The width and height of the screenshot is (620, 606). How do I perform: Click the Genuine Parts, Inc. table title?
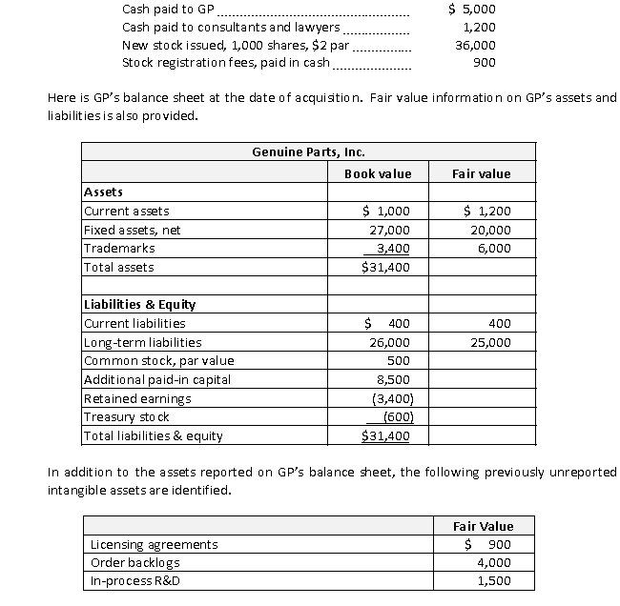(308, 151)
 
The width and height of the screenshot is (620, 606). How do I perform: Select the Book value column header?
(378, 173)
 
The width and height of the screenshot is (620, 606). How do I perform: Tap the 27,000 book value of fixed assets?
(389, 230)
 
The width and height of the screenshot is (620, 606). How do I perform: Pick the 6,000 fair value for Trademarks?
(493, 249)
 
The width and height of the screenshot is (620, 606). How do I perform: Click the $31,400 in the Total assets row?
(386, 267)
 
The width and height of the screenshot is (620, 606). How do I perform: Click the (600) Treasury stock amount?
(396, 417)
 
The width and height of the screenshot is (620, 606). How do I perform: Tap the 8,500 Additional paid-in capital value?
(395, 379)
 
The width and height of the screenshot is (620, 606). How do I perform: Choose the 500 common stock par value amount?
(399, 361)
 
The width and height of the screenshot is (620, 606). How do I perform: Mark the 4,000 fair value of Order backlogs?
(494, 562)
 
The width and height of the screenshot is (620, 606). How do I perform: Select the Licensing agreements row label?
(153, 544)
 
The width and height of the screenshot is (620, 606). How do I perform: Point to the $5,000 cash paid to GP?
(471, 10)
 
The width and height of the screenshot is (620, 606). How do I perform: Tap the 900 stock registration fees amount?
(484, 63)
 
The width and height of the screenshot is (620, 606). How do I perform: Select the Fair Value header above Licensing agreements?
(486, 526)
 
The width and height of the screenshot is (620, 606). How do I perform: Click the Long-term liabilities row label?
(143, 342)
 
